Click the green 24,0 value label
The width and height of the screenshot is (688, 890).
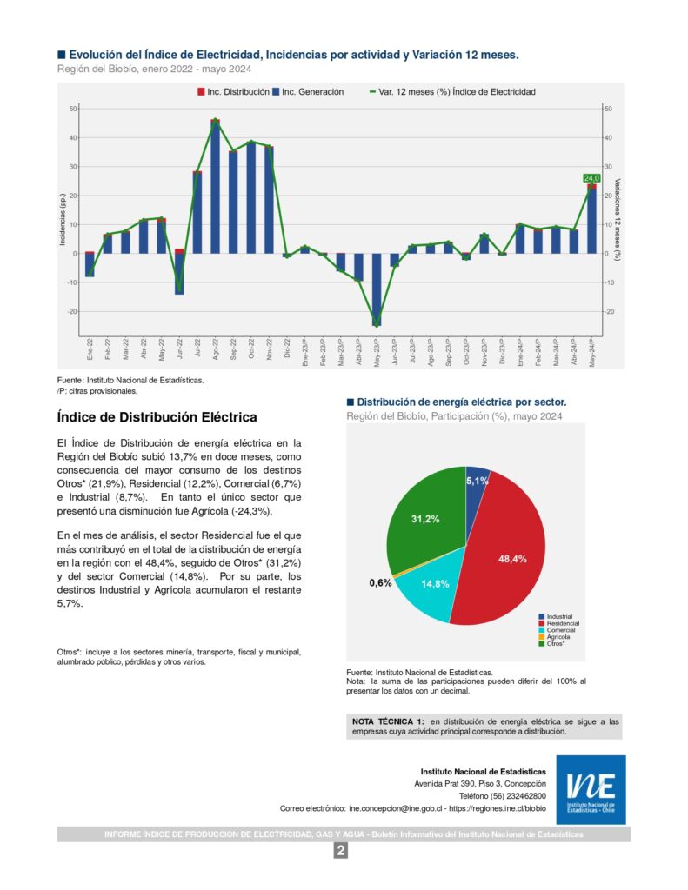click(x=591, y=178)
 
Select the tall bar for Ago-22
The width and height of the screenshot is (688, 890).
click(x=215, y=187)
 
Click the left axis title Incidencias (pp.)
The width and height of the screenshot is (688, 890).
click(x=63, y=219)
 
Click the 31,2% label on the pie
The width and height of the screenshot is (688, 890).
click(x=425, y=519)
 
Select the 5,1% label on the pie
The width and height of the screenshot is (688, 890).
click(x=478, y=480)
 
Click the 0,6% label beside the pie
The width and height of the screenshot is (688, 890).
click(x=380, y=583)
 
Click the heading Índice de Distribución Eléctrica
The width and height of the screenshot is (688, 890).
click(x=157, y=417)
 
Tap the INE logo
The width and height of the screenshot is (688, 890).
click(x=591, y=789)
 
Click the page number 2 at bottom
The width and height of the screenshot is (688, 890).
click(x=341, y=851)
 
